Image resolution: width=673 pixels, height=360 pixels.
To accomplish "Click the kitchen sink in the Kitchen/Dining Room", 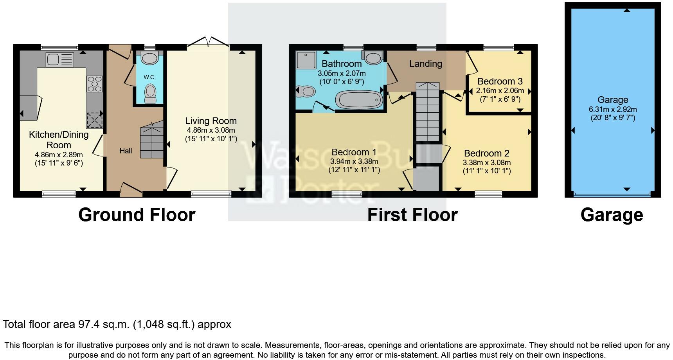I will [x=59, y=59].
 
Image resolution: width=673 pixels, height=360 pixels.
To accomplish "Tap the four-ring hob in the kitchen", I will [x=94, y=84].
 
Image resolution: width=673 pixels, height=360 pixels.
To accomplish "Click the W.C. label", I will [x=149, y=77].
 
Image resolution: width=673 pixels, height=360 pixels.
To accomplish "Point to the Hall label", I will [x=126, y=151].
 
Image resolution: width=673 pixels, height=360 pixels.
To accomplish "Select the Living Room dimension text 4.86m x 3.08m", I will [x=211, y=130].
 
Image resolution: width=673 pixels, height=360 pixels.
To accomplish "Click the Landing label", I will [x=426, y=64].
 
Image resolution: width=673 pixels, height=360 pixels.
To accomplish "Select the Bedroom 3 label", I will [x=500, y=81].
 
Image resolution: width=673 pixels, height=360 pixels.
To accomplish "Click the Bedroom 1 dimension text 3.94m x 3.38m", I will [x=354, y=161].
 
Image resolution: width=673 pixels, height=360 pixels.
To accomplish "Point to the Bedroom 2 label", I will [x=486, y=153].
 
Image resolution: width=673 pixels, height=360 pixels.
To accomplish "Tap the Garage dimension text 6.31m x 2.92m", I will [x=613, y=109].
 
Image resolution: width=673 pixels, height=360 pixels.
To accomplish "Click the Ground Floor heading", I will [x=137, y=215].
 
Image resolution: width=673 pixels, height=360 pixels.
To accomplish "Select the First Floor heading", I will [x=412, y=215].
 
